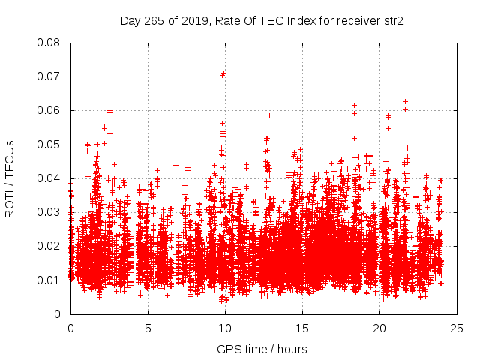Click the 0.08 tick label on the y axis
click(x=51, y=43)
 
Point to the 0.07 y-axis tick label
click(x=51, y=76)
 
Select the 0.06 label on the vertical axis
click(x=51, y=110)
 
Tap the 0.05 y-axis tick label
click(x=51, y=144)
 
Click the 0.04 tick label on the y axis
click(x=51, y=178)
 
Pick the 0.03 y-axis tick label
click(x=51, y=212)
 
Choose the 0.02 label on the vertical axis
click(x=51, y=246)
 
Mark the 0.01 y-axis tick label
click(x=51, y=280)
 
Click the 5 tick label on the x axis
click(x=148, y=328)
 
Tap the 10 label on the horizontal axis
click(x=225, y=328)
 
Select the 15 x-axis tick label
click(x=302, y=328)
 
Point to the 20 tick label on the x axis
click(x=379, y=328)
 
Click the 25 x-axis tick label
click(x=457, y=328)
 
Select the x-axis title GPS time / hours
click(x=262, y=349)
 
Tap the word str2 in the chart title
click(x=392, y=21)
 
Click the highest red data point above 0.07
click(x=223, y=73)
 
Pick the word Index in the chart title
click(x=299, y=21)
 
